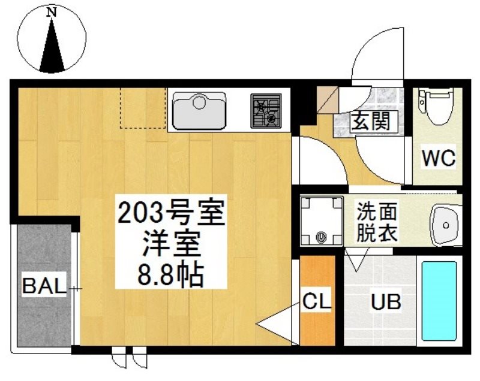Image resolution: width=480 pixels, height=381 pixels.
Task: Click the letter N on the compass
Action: pos(52,12)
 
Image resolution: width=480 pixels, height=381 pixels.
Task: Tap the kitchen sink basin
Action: pos(199,111)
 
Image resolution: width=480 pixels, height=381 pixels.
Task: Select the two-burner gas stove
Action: pos(266,111)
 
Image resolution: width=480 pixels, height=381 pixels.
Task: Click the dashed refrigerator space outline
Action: pos(143,108)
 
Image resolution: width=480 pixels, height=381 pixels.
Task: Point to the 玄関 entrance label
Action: pos(371,121)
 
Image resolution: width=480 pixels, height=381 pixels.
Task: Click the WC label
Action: pos(439,158)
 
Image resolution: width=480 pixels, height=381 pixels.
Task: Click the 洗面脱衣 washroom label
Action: pos(377,222)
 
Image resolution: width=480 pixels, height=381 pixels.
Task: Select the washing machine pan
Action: pos(322,221)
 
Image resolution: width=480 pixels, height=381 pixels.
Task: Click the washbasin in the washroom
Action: pos(446,225)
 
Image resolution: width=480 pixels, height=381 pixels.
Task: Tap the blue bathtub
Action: pos(439,301)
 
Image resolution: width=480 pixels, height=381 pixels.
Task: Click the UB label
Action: pos(386,301)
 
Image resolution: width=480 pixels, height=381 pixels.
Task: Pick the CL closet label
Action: pos(317,300)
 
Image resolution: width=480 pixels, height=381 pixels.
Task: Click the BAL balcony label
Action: pos(44,286)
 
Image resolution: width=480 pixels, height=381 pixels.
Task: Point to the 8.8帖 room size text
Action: pos(171,274)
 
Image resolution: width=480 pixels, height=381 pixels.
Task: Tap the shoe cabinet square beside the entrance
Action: pos(327,99)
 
